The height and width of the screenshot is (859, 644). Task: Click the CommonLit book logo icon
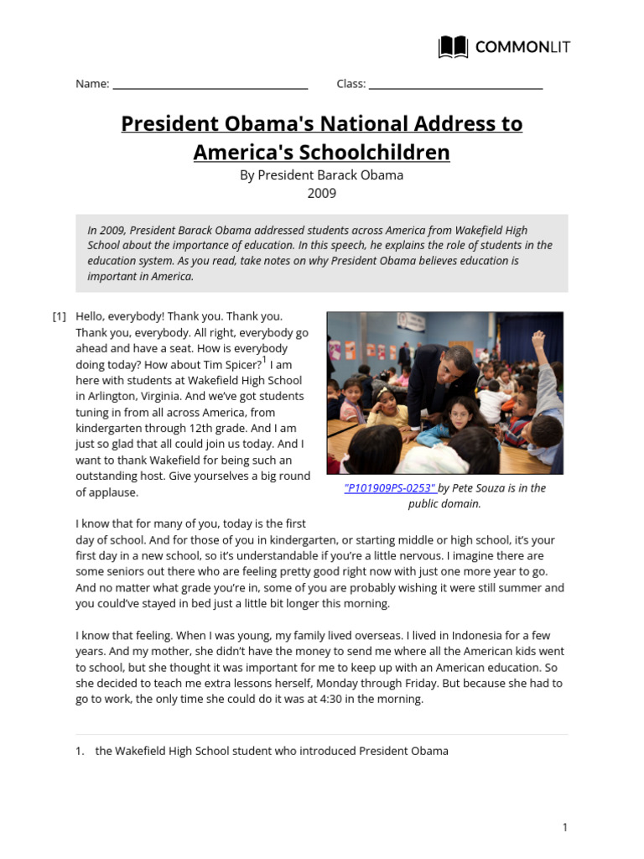[453, 47]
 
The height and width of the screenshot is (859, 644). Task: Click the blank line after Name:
[210, 86]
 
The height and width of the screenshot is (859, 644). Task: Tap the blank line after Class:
[455, 86]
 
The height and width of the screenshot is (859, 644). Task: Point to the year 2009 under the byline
[321, 193]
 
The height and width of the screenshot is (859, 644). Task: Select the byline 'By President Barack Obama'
[321, 174]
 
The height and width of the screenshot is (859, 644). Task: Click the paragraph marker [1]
[60, 316]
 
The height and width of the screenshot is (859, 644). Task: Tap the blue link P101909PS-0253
[390, 488]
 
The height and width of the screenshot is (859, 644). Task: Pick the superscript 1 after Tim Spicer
[264, 360]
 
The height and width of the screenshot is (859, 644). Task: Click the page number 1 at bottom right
[564, 827]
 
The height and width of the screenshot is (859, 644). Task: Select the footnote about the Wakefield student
[272, 751]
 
